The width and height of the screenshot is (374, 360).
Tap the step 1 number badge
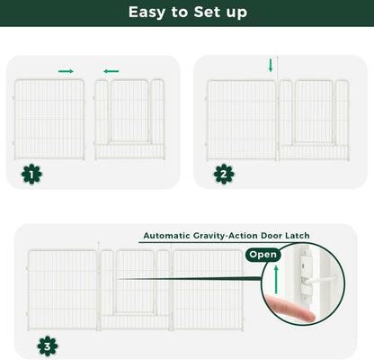[x=32, y=174]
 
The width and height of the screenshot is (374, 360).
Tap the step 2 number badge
[x=224, y=174]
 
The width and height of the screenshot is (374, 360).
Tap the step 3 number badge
[x=45, y=345]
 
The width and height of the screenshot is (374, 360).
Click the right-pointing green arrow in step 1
[x=67, y=70]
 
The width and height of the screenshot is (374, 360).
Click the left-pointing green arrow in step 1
[x=111, y=70]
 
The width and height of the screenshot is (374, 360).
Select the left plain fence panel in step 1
[x=50, y=118]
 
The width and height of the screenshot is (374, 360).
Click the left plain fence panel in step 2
[x=241, y=118]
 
